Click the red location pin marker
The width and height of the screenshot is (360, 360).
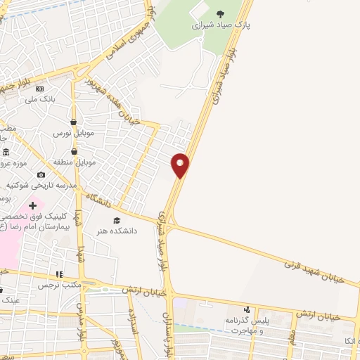pos(181,165)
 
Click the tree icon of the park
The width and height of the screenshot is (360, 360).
pos(220,13)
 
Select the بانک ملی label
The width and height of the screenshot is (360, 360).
pos(39,100)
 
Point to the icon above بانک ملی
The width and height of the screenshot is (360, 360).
pos(39,89)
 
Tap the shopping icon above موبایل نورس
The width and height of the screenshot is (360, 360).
pos(73,122)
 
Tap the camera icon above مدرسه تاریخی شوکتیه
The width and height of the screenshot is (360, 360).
pos(41,174)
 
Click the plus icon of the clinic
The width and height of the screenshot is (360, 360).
pos(33,205)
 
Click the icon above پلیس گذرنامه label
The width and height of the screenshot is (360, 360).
pos(247,309)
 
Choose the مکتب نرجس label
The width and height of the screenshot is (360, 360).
pos(60,285)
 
